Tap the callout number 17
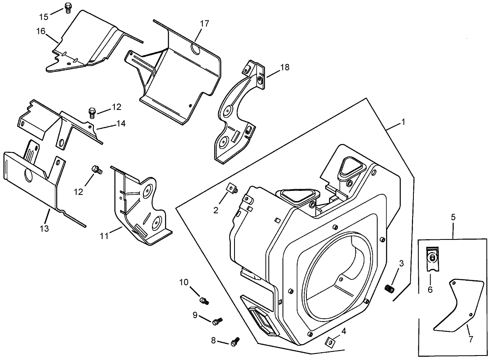pyautogui.click(x=204, y=24)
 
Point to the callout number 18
pyautogui.click(x=284, y=67)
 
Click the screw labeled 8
pyautogui.click(x=235, y=340)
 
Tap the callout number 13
pyautogui.click(x=44, y=228)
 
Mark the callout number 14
pyautogui.click(x=121, y=123)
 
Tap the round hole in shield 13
pyautogui.click(x=29, y=176)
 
